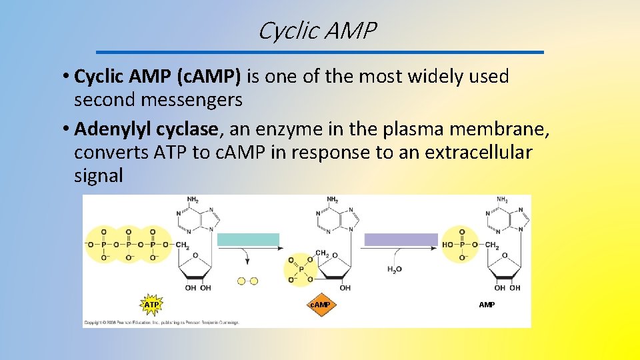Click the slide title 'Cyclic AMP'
(317, 31)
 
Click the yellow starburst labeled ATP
(152, 305)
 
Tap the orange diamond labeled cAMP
(321, 305)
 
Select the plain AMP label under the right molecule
(487, 305)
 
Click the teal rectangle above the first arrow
(249, 240)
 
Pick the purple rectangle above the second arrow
(401, 240)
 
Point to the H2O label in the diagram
(395, 269)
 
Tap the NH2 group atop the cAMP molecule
(331, 199)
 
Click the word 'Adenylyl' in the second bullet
(110, 128)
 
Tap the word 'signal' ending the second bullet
(99, 176)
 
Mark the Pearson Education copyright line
(161, 322)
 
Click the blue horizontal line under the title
(320, 52)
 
